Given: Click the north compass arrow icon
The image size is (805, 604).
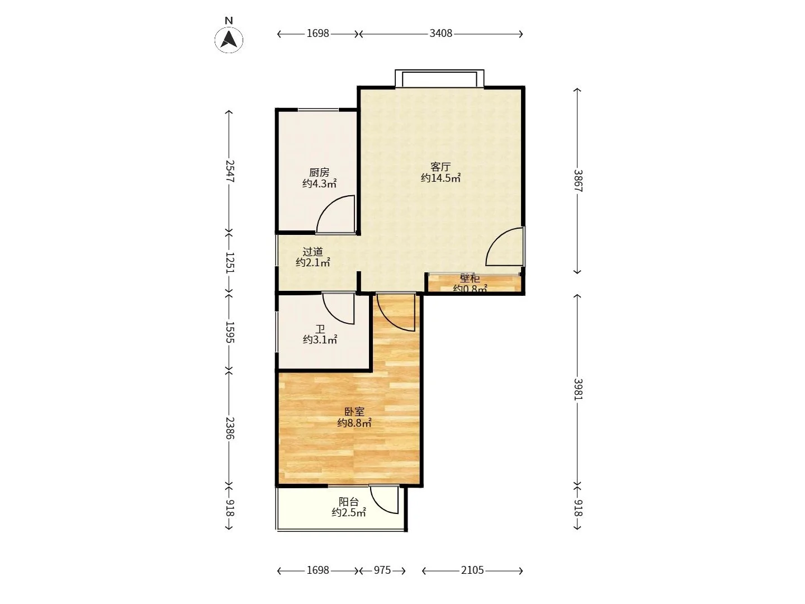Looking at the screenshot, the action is click(x=229, y=40).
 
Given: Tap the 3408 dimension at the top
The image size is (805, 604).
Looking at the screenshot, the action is click(x=441, y=34).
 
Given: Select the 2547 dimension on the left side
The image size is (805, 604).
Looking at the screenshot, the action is click(x=229, y=171).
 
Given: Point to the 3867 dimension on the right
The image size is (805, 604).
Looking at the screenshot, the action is click(x=577, y=181).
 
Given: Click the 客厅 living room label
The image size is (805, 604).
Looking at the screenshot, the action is click(x=440, y=167).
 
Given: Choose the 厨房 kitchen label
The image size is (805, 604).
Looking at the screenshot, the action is click(x=319, y=172).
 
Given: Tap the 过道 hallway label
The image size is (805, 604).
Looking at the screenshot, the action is click(x=312, y=252).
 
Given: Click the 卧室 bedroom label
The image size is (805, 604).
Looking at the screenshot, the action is click(x=354, y=412).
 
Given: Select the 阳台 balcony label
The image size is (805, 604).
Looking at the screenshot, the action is click(x=348, y=501).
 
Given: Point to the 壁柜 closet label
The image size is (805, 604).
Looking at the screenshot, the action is click(x=470, y=278).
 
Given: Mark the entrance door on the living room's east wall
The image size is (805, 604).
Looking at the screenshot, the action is click(x=505, y=246).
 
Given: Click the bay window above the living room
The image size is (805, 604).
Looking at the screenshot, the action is click(x=439, y=78).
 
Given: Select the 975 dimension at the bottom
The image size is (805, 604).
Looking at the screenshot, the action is click(x=382, y=570).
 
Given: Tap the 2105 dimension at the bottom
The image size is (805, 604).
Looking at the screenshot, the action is click(x=472, y=570).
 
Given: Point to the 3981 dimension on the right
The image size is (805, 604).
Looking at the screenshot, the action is click(x=577, y=389).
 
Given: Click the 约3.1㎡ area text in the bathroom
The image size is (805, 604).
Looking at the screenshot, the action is click(x=320, y=339).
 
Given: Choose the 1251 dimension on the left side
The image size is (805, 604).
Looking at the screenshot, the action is click(x=229, y=263).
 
